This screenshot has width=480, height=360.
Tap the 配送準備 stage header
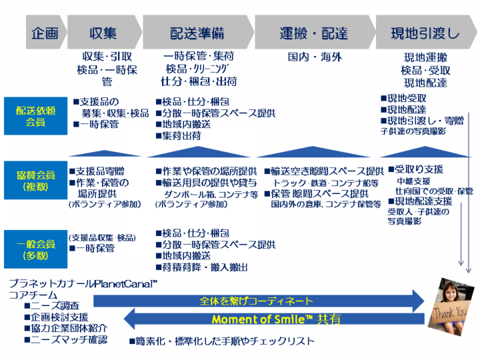point(198,31)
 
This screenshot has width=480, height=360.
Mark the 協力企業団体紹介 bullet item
point(66,329)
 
